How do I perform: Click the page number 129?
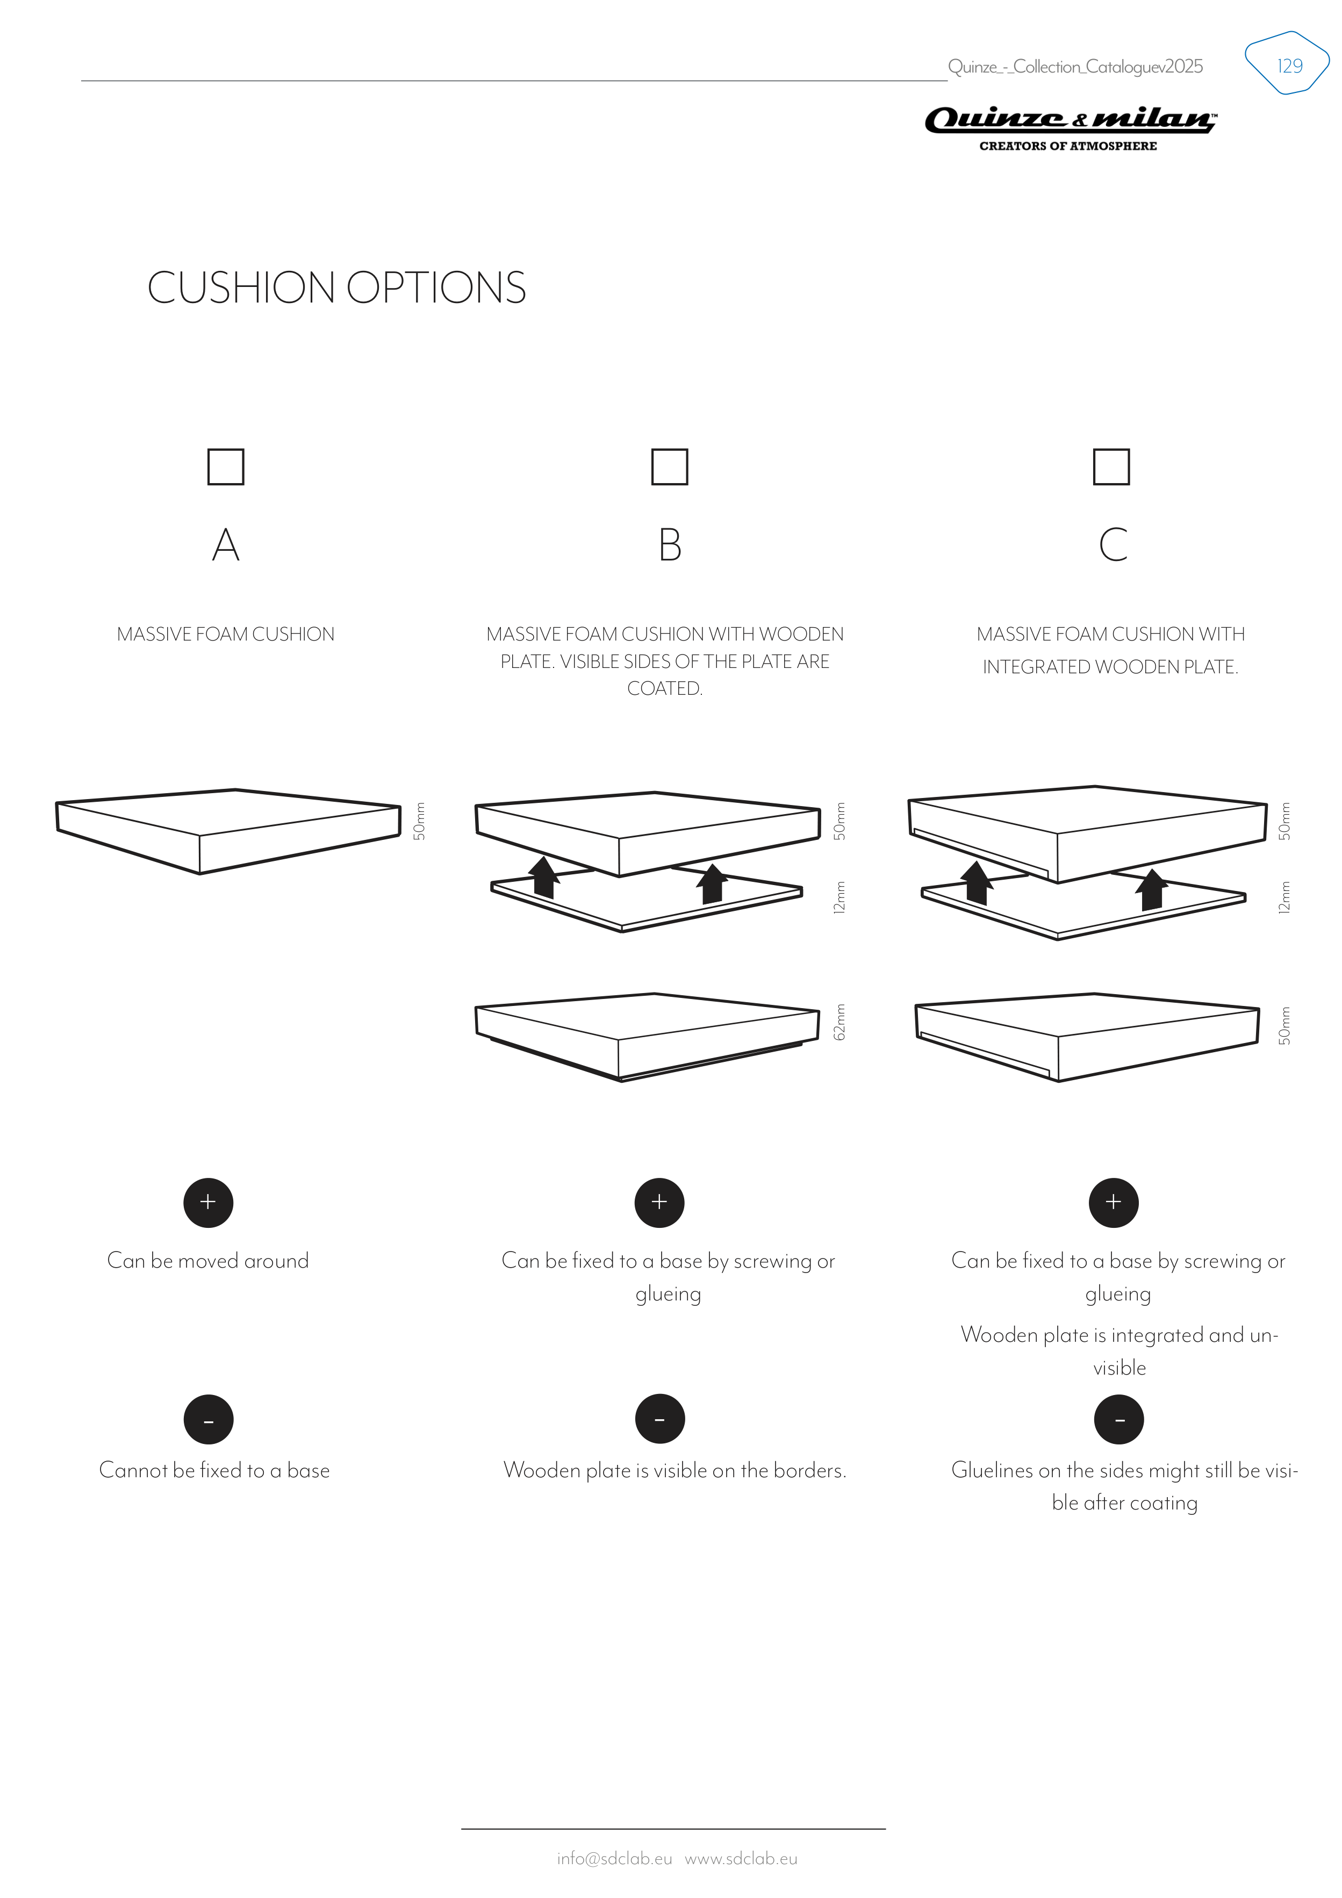pyautogui.click(x=1289, y=66)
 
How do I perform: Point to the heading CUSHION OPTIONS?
pyautogui.click(x=336, y=287)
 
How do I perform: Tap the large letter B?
pyautogui.click(x=670, y=545)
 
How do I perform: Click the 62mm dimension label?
pyautogui.click(x=839, y=1022)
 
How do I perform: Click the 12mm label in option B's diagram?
pyautogui.click(x=839, y=897)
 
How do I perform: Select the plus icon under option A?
pyautogui.click(x=209, y=1202)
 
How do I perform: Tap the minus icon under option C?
pyautogui.click(x=1119, y=1419)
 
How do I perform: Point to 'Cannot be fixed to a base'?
pyautogui.click(x=214, y=1470)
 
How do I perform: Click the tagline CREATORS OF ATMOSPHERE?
pyautogui.click(x=1068, y=146)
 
